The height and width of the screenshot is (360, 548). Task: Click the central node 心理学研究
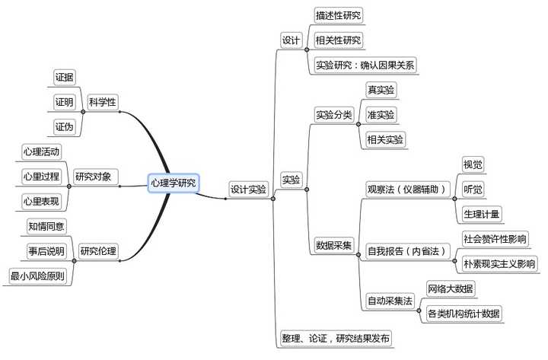pos(173,183)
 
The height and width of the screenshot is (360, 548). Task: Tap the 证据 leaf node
pos(64,77)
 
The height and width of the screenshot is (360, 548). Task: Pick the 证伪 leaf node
pos(64,126)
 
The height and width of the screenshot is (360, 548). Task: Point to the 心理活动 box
pos(41,151)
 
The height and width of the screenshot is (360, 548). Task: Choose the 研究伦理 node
pos(98,250)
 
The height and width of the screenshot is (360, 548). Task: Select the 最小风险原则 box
pos(40,276)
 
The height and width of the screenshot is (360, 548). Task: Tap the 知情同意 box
pos(46,226)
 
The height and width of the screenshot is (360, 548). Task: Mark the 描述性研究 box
pos(339,15)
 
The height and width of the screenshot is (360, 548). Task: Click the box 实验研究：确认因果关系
pos(365,65)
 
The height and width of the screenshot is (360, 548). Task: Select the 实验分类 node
pos(334,115)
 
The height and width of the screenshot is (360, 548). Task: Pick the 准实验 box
pos(381,115)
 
